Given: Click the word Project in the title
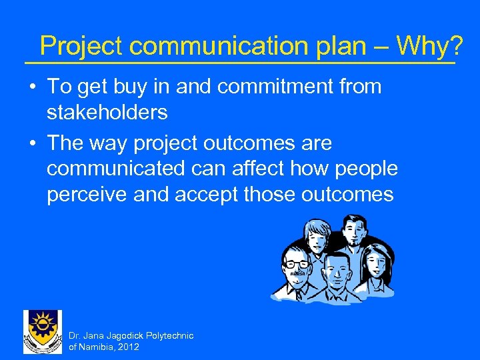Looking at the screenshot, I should (x=81, y=46).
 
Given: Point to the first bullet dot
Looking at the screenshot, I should (x=32, y=87).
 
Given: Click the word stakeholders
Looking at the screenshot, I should (x=107, y=113).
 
